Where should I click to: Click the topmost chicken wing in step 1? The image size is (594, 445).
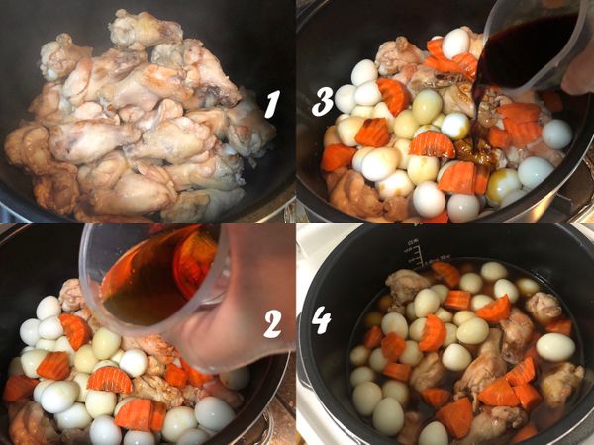click(x=145, y=28)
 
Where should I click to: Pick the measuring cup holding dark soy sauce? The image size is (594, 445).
click(x=530, y=49)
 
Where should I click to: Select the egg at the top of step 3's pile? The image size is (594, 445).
click(x=456, y=42)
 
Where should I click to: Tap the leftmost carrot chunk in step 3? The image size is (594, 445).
click(x=337, y=157)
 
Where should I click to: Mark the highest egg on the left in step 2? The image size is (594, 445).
click(x=49, y=309)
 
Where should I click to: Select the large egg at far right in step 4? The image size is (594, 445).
click(x=555, y=346)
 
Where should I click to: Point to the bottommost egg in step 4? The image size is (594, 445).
click(x=433, y=433)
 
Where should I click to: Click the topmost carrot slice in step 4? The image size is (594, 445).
click(x=445, y=274)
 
